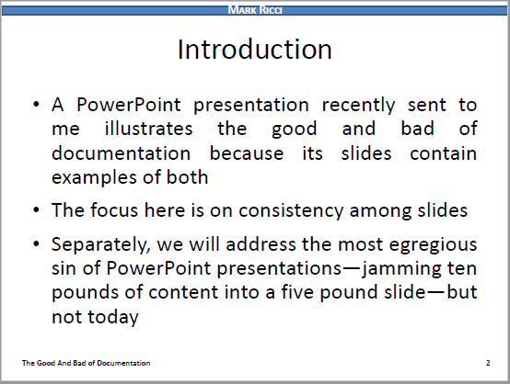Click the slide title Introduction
click(x=254, y=49)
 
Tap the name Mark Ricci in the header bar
click(x=254, y=10)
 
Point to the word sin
click(x=66, y=270)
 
